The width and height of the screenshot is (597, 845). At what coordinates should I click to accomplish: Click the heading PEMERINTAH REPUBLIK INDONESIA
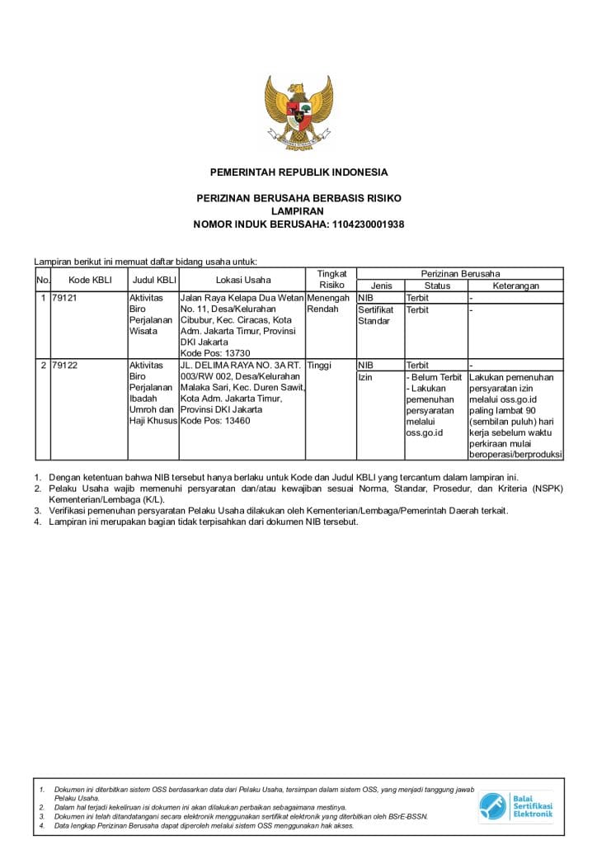(x=298, y=172)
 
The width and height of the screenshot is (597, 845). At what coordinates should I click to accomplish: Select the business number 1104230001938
(x=368, y=224)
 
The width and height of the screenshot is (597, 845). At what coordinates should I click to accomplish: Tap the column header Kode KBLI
(x=89, y=280)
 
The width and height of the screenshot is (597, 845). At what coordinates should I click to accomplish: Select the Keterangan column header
(x=515, y=286)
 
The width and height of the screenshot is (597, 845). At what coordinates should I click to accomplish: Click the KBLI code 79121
(x=64, y=298)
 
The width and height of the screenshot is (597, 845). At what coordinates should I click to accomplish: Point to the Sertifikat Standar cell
(x=375, y=315)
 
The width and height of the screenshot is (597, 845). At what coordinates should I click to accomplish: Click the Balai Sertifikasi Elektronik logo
(x=516, y=806)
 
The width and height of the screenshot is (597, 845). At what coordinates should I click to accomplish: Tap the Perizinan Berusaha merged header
(x=460, y=273)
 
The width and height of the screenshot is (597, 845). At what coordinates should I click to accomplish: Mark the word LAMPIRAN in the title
(x=298, y=211)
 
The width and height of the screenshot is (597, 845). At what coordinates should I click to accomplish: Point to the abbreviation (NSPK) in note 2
(x=546, y=489)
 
